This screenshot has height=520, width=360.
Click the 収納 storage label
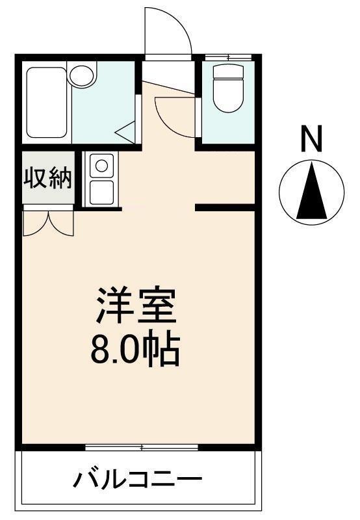[48, 177]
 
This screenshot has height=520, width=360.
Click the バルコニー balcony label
[136, 482]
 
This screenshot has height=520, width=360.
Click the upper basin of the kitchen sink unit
[101, 166]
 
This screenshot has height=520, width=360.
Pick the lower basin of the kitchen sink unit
[101, 192]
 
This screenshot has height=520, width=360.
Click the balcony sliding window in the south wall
[142, 447]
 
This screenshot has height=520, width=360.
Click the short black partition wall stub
[225, 208]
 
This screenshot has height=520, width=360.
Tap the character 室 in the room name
[157, 305]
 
